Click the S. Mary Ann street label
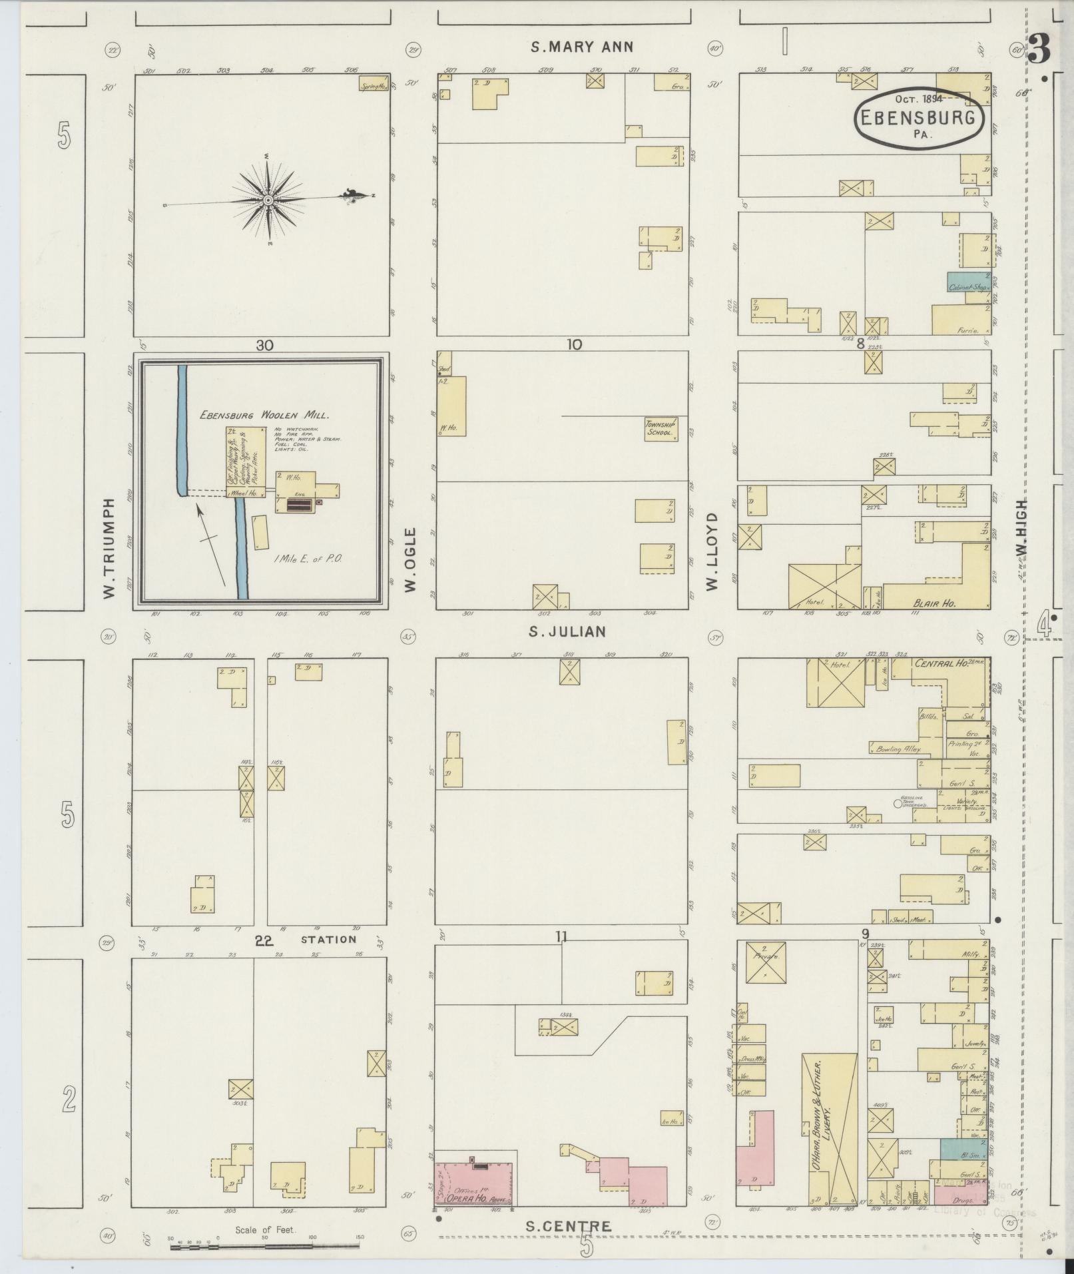582,47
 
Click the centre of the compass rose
268,199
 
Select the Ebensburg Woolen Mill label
265,415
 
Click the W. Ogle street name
410,559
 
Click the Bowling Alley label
898,749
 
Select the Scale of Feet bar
265,1244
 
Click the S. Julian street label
567,631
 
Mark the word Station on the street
328,940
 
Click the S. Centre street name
567,1226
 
